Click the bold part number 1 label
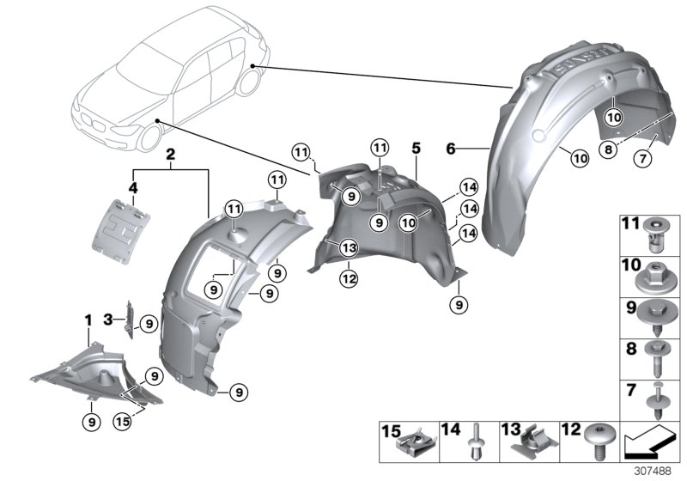coord(87,320)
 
